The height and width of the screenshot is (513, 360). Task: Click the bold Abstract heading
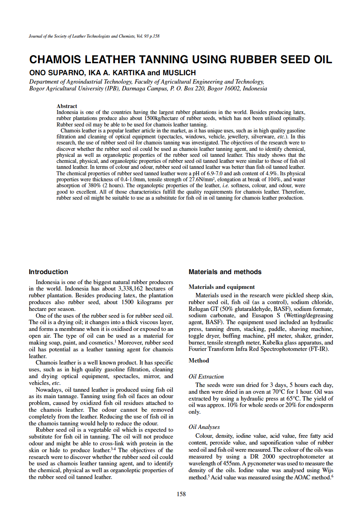(67, 106)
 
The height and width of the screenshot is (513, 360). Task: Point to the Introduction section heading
(48, 272)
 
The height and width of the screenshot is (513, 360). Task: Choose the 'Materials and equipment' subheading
(221, 287)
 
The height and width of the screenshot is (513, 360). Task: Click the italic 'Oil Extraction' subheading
(206, 377)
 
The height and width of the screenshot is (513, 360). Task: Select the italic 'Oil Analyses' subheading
(204, 427)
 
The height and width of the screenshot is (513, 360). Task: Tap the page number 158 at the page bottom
(181, 494)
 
